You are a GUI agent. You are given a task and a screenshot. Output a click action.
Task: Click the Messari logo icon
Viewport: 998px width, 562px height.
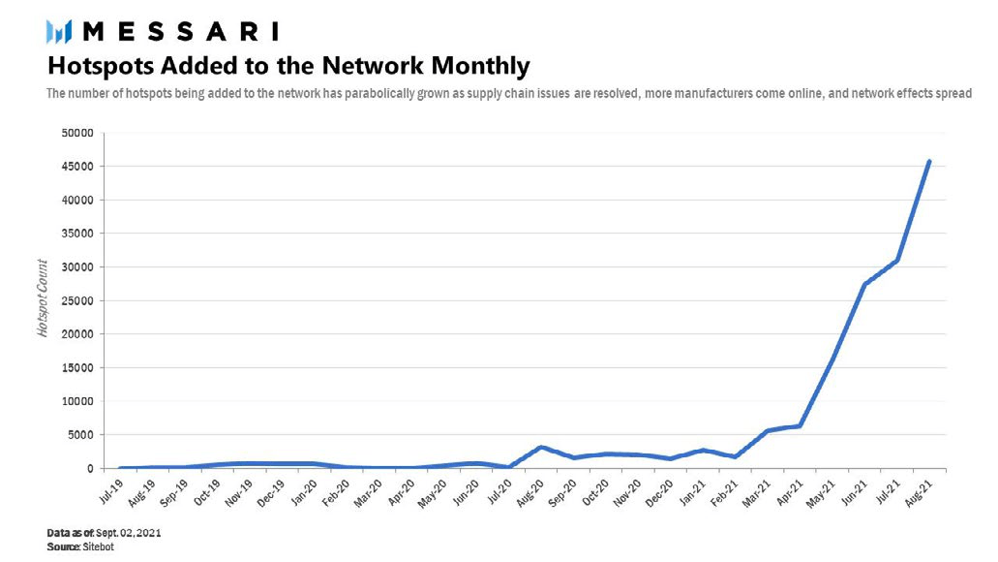pos(60,32)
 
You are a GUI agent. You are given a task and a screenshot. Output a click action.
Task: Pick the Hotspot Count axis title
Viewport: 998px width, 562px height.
pos(44,300)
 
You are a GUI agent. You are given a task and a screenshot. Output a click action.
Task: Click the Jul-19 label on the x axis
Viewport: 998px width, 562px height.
pos(112,484)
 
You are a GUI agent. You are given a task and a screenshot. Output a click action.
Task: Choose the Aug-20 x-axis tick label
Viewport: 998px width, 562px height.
pos(529,485)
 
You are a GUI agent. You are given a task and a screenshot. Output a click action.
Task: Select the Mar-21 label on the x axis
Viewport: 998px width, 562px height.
pos(757,485)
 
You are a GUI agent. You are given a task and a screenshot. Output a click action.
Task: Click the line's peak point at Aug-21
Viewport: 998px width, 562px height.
pos(929,161)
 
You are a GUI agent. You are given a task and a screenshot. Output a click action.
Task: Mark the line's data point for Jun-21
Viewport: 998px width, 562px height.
pos(864,284)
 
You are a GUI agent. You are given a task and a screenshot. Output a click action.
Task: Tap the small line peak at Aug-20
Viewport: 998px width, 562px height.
pos(542,447)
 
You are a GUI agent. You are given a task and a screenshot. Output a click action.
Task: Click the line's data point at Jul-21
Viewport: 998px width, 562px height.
pos(897,260)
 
